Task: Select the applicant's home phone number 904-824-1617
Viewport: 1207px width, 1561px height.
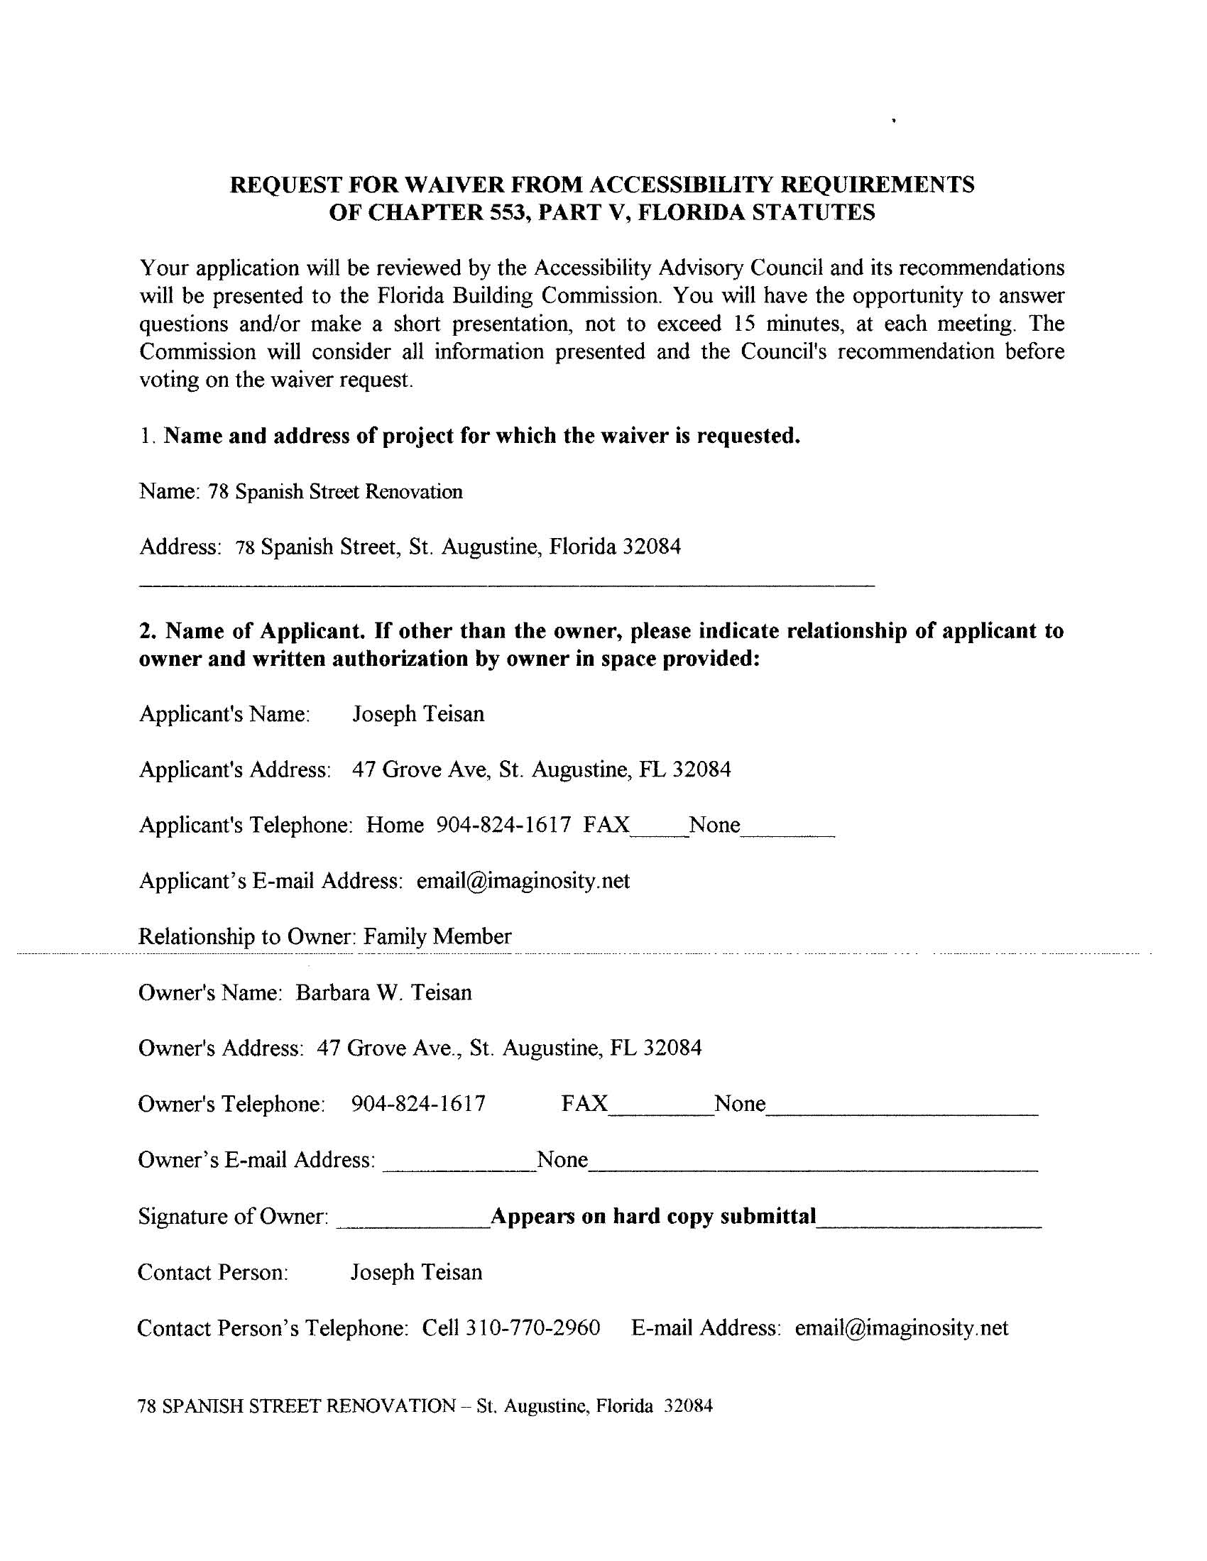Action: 503,825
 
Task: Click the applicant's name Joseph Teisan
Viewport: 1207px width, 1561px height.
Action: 418,714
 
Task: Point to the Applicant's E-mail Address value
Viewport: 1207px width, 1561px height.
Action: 523,880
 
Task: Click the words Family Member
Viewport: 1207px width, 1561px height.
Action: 437,936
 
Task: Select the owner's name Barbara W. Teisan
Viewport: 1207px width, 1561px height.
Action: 384,993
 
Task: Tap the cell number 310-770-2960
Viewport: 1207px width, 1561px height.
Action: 532,1328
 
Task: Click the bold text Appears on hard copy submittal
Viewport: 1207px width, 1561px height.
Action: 652,1217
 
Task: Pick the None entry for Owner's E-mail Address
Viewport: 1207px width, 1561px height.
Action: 563,1159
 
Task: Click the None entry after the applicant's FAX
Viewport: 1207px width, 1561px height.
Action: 714,825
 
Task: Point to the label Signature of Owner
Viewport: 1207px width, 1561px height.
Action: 234,1217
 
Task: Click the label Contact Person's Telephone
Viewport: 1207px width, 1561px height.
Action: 273,1328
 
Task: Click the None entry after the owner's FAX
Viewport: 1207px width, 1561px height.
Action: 740,1104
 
